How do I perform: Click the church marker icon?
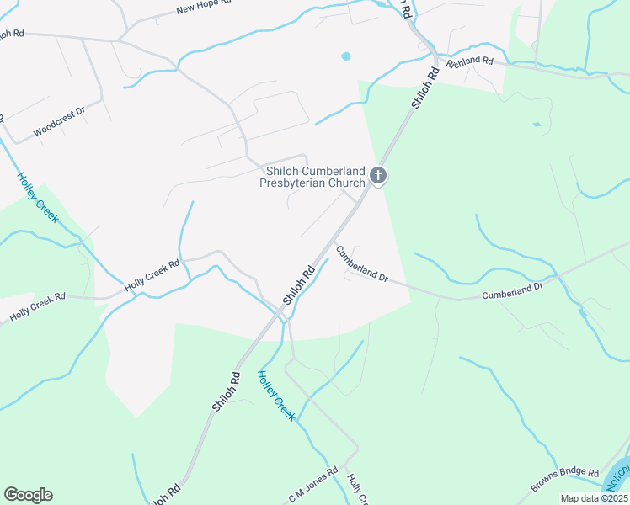pos(378,176)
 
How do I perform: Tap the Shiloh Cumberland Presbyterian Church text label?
pos(313,177)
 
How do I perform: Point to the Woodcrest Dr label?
pos(59,123)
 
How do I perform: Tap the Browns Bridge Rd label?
pos(564,480)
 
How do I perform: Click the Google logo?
pos(28,495)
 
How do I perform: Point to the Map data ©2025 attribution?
pos(594,497)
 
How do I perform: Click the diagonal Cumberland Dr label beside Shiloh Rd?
pos(361,263)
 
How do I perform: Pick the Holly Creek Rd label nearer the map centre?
pos(152,275)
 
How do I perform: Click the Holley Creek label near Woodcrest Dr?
pos(38,198)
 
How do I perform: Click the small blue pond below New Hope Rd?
pos(345,56)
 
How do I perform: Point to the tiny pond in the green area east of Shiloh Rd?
pos(537,125)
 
